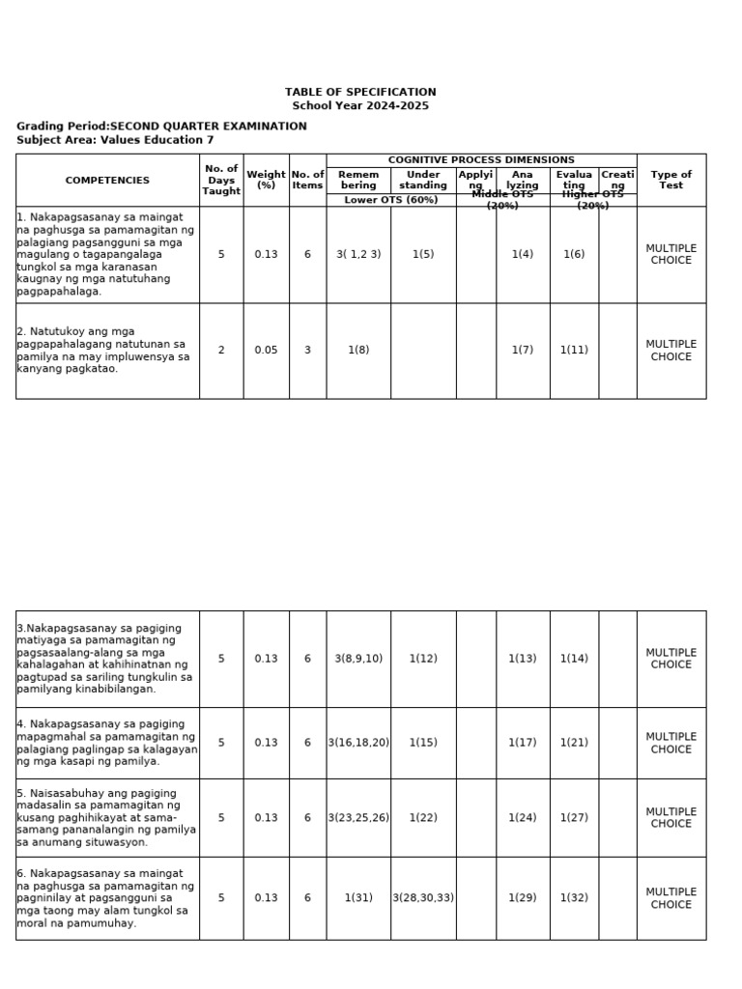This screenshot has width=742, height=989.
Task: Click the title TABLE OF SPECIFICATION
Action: click(360, 92)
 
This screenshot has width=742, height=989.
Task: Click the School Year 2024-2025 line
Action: click(360, 105)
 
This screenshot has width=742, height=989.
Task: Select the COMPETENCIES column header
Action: click(107, 181)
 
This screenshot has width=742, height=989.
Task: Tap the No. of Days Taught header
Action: click(221, 181)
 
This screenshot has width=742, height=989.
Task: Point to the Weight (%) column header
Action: click(266, 181)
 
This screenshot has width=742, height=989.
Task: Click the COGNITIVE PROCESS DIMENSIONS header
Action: click(481, 160)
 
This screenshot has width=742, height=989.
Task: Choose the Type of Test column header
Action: click(671, 181)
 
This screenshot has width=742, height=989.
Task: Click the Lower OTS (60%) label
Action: click(391, 200)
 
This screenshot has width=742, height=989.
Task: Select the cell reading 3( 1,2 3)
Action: click(358, 254)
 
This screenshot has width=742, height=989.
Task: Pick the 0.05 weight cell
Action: click(266, 351)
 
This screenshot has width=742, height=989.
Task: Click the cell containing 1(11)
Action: click(574, 351)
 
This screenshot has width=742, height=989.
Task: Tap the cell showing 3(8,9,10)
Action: click(358, 659)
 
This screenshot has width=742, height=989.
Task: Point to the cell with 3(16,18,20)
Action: click(358, 743)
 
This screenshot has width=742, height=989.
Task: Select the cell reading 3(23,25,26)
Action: click(358, 817)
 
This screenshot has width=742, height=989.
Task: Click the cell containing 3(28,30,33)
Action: click(423, 897)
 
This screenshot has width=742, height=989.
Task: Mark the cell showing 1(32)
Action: click(574, 897)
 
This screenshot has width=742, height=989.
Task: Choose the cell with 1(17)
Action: click(523, 743)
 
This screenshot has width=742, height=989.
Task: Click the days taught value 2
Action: click(221, 351)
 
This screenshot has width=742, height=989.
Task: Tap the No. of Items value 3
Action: click(307, 351)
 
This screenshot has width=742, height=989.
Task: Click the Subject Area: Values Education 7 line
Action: click(115, 140)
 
